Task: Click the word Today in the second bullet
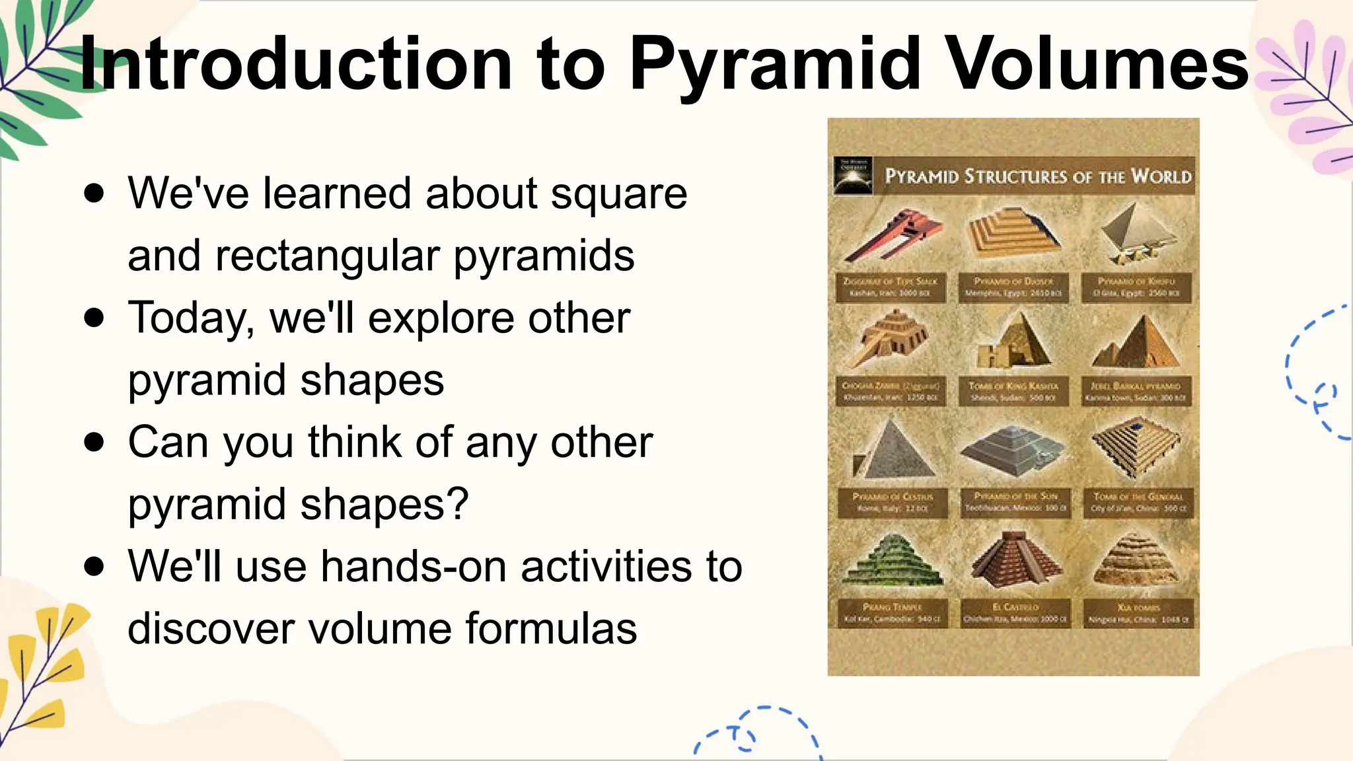coord(192,318)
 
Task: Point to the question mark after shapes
coord(458,504)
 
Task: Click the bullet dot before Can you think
coord(94,442)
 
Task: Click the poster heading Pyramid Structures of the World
coord(1037,176)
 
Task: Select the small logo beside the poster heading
coord(853,176)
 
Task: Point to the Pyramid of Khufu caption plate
coord(1136,287)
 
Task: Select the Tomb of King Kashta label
coord(1013,392)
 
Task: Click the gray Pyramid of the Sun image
coord(1012,451)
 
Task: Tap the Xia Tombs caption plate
coord(1138,613)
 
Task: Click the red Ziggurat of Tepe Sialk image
coord(892,236)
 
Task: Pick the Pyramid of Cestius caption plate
coord(892,502)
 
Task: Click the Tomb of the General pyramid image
coord(1136,446)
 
